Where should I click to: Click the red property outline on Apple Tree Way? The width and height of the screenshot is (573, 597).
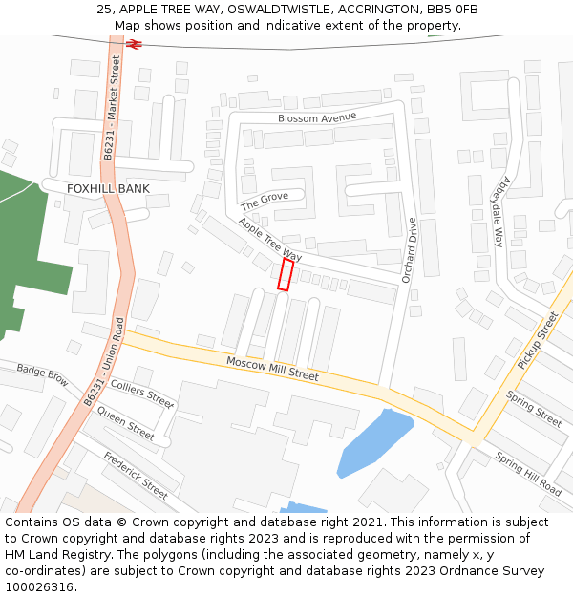pyautogui.click(x=285, y=274)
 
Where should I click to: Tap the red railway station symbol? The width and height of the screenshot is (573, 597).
pyautogui.click(x=134, y=44)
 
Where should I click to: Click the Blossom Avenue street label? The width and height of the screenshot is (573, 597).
pyautogui.click(x=317, y=117)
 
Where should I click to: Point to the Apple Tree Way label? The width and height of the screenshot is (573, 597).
pyautogui.click(x=270, y=240)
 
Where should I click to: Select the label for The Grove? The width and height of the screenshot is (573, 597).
pyautogui.click(x=265, y=202)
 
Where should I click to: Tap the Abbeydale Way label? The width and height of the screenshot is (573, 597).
pyautogui.click(x=498, y=210)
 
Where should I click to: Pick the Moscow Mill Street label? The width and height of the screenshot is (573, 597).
pyautogui.click(x=272, y=369)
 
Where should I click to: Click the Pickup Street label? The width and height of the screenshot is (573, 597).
pyautogui.click(x=537, y=341)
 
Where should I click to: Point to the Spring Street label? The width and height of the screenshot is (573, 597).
pyautogui.click(x=534, y=409)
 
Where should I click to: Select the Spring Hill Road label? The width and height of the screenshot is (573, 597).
pyautogui.click(x=528, y=472)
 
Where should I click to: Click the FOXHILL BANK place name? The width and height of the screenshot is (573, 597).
pyautogui.click(x=108, y=189)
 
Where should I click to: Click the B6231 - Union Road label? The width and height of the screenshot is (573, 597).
pyautogui.click(x=105, y=364)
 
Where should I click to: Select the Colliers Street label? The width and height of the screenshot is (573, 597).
pyautogui.click(x=142, y=392)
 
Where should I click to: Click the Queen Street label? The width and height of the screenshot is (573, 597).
pyautogui.click(x=125, y=424)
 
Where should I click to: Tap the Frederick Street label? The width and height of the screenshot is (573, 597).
pyautogui.click(x=136, y=475)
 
